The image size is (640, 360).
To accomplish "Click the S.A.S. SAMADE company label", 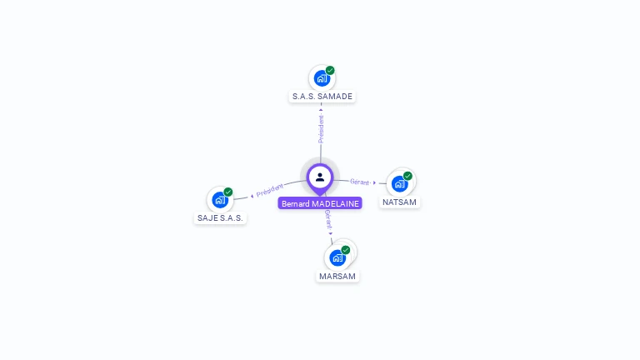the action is [322, 97].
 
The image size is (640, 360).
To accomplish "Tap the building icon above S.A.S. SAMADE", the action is [321, 79].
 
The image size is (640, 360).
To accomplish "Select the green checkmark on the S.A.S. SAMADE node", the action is [330, 71].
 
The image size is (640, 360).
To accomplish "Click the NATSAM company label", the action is [399, 202].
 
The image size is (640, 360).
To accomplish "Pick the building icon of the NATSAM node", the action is [399, 183].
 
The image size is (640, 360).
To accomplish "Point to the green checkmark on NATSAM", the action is [407, 176].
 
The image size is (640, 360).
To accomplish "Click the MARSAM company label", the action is [337, 277].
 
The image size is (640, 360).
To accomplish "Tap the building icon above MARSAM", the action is [337, 257].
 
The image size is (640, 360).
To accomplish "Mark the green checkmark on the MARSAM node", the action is [346, 250].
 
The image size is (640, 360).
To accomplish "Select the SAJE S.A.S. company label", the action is [220, 218].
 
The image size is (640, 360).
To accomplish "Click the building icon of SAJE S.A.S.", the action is [219, 200].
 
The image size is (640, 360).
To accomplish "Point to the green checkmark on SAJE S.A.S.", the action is [228, 192].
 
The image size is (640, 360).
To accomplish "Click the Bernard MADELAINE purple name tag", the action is [320, 203].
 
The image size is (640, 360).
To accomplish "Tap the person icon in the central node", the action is [320, 177].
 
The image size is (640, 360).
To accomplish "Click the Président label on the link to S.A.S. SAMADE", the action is [321, 128].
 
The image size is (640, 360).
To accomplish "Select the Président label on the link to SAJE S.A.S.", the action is [270, 190].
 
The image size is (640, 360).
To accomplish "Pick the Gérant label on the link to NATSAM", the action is [360, 182].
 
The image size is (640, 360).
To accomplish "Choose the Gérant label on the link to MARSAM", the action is [328, 219].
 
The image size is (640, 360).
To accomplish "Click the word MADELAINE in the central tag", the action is [336, 203].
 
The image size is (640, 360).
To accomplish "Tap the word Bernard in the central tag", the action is [295, 203].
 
